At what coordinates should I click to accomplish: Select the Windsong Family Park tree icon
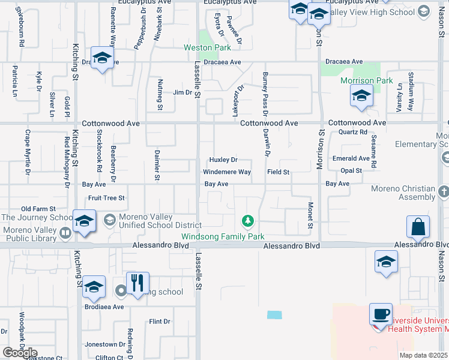coord(247,222)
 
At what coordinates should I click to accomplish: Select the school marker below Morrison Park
coord(361,96)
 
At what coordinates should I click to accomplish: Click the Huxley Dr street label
coord(223,160)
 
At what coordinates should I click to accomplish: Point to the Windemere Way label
coord(226,172)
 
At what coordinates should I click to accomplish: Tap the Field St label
coord(279,172)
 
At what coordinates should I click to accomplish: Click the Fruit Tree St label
coord(106,197)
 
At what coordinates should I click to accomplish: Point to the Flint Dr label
coord(160,322)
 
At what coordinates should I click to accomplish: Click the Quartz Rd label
coord(352,132)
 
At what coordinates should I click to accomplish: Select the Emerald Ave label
coord(352,158)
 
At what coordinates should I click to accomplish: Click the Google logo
coord(20,353)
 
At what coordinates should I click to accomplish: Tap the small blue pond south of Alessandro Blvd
coord(274,314)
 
